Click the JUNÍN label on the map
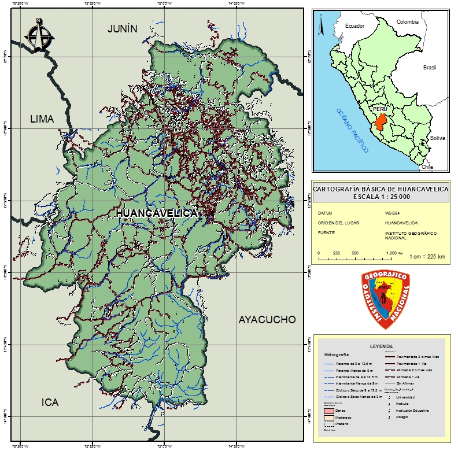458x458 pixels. (123, 29)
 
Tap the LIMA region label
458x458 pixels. (42, 119)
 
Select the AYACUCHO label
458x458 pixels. (267, 320)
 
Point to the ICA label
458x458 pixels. (50, 402)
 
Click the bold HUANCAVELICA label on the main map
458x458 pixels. (157, 213)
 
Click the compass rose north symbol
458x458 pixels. (39, 35)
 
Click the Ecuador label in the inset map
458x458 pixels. (355, 26)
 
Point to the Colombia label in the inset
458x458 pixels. (407, 21)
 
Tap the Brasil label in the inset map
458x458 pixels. (429, 68)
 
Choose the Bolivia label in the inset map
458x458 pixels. (437, 138)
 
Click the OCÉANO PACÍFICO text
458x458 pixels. (353, 131)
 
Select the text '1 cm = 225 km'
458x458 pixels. (427, 256)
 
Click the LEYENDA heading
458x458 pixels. (381, 346)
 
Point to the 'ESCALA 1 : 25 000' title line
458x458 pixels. (381, 197)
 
